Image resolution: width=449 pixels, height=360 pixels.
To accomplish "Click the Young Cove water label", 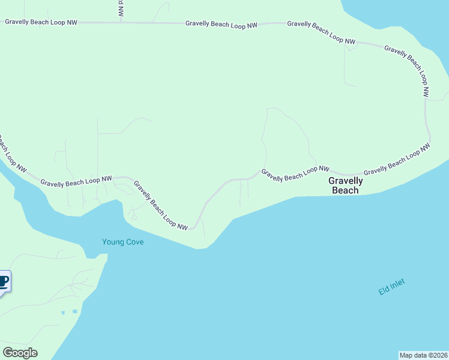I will click(122, 242).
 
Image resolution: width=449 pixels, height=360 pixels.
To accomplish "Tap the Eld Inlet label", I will click(392, 287).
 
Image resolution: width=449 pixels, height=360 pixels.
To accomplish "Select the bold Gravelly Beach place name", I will click(345, 185).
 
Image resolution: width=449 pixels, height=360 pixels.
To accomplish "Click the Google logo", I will click(20, 353).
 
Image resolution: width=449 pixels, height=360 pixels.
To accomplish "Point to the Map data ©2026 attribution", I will click(423, 355).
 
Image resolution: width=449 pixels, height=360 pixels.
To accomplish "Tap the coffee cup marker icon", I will click(4, 281).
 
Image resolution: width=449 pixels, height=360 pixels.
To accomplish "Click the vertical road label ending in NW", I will click(120, 8).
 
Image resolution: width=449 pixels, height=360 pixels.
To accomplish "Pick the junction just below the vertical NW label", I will click(121, 22).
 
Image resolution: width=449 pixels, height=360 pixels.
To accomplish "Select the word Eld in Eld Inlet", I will click(383, 292).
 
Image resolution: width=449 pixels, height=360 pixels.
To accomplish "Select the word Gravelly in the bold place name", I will click(345, 181).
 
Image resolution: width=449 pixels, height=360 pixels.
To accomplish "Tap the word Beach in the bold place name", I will click(345, 190).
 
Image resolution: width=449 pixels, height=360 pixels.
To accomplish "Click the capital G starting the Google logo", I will click(7, 353).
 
